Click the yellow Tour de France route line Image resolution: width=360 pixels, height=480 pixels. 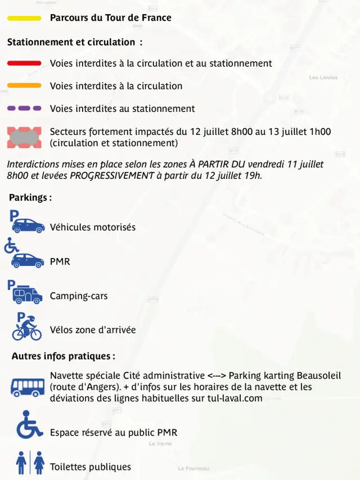[x=24, y=18]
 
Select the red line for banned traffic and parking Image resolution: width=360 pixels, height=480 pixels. [x=24, y=64]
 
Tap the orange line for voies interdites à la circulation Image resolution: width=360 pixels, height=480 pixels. [x=24, y=86]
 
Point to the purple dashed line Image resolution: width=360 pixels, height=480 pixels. [x=24, y=108]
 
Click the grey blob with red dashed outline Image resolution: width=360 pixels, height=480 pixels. [x=24, y=137]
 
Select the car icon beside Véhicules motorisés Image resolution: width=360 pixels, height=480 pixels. [x=28, y=226]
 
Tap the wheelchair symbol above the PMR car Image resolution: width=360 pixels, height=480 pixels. [x=11, y=246]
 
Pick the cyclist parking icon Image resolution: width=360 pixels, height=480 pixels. [x=27, y=327]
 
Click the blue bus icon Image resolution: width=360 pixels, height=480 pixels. [x=28, y=387]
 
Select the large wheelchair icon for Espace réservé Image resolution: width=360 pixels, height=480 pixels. [x=29, y=425]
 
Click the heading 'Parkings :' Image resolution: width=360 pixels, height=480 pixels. [x=30, y=198]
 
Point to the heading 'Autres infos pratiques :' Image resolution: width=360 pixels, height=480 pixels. [x=63, y=356]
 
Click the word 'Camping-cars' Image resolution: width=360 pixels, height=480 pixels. [x=78, y=296]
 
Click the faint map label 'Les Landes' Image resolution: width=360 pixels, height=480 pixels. [x=323, y=78]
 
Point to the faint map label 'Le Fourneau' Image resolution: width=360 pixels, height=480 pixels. [x=193, y=468]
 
